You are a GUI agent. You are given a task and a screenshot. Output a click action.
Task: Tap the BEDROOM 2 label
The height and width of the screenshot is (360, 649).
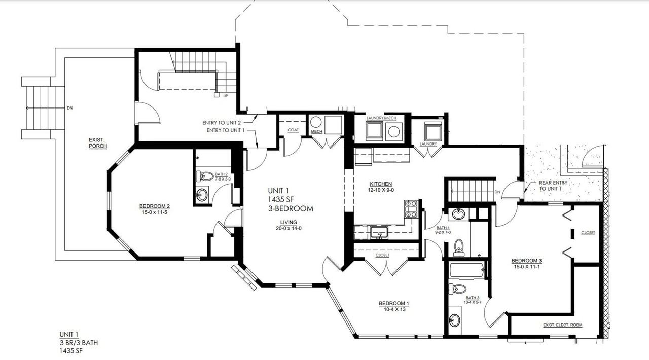[154, 206]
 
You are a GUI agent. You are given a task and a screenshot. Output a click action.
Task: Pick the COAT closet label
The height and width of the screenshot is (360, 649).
[293, 130]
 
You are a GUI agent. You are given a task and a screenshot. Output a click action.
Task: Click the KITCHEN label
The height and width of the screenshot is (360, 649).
[380, 184]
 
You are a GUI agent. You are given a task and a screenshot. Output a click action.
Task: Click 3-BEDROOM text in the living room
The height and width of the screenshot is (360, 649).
[291, 208]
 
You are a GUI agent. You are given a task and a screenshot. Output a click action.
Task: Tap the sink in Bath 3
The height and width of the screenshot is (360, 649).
[455, 321]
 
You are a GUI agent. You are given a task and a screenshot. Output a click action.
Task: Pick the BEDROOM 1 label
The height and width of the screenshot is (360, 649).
[394, 304]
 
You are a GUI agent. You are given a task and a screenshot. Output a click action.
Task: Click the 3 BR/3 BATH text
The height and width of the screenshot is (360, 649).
[79, 343]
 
